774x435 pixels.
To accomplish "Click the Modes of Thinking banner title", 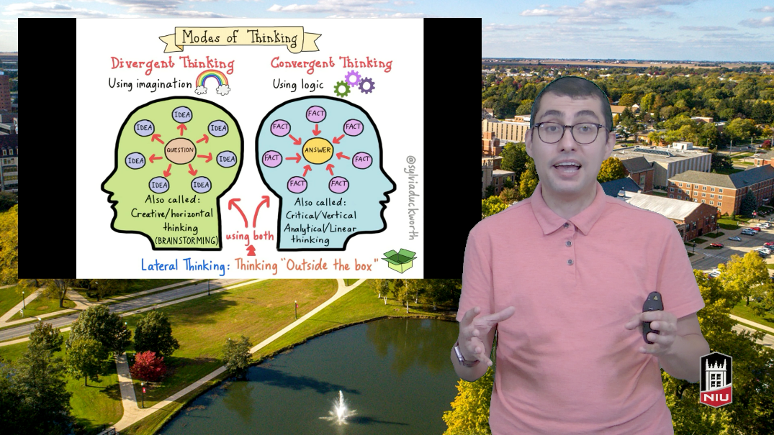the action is click(240, 37).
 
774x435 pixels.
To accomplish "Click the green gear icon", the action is click(341, 88).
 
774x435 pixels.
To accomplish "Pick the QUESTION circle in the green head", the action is click(180, 150).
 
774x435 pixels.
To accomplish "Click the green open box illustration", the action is click(400, 260).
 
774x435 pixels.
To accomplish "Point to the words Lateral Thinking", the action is click(183, 265).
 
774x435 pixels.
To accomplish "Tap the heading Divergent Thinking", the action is click(172, 63).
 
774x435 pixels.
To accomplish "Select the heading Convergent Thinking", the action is click(331, 63).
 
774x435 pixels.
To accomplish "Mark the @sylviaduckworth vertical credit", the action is click(411, 197).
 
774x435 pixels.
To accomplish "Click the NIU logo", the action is click(716, 379).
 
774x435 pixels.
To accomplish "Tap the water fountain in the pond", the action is click(340, 408).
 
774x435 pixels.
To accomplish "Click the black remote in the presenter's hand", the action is click(652, 316).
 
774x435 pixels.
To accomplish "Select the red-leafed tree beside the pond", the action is click(148, 367).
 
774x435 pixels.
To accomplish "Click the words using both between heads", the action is click(250, 236).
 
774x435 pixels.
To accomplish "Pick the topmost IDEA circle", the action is click(182, 115).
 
